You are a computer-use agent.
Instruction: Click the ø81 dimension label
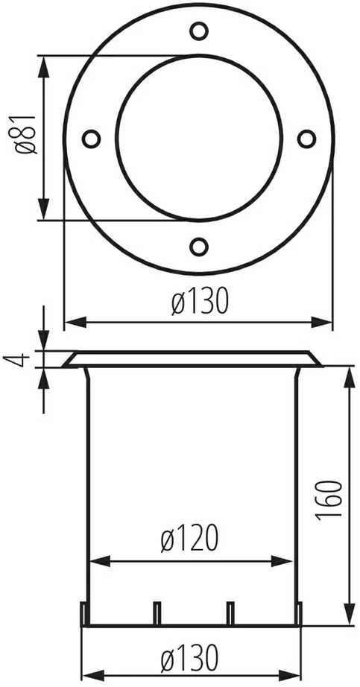click(x=25, y=135)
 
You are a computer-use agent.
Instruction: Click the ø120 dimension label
click(x=189, y=539)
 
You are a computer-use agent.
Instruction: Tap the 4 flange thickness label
click(x=16, y=359)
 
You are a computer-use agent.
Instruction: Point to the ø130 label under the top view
click(x=200, y=302)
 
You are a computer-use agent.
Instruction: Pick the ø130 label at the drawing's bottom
click(x=189, y=658)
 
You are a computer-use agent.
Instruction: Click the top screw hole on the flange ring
click(x=199, y=31)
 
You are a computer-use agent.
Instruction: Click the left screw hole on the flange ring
click(x=91, y=139)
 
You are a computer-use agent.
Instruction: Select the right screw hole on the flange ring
click(x=306, y=139)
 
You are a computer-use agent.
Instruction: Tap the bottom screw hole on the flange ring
click(x=199, y=247)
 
